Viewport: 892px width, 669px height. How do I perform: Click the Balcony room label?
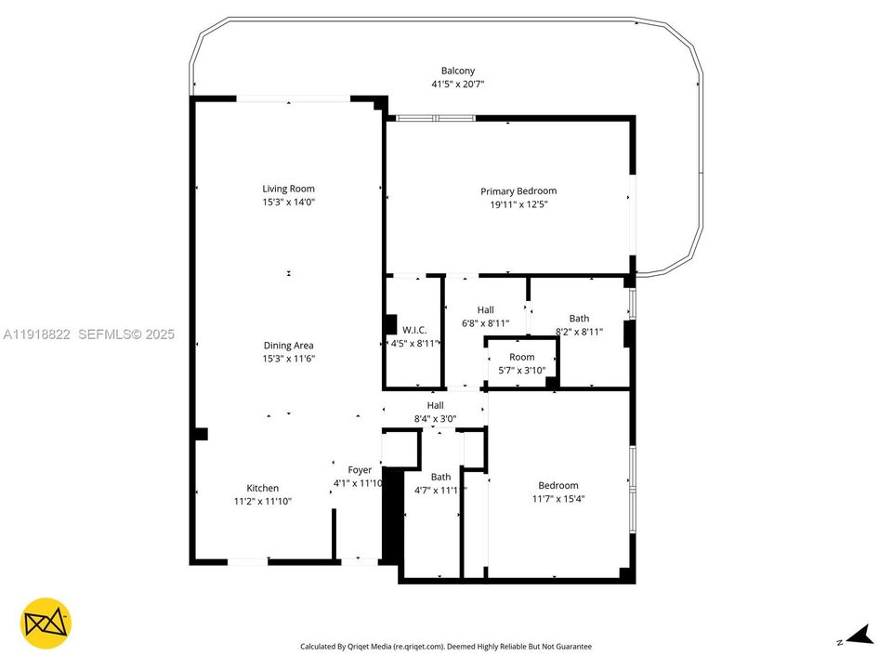pos(458,71)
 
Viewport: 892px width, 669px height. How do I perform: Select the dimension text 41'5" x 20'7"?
pos(458,85)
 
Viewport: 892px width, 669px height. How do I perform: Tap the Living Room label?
pos(288,189)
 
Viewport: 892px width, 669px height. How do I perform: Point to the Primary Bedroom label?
pos(518,191)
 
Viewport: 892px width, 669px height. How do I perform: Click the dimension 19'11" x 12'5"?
pos(518,204)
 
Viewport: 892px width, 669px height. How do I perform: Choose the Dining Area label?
pos(288,345)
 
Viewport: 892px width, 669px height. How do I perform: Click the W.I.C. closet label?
pos(413,329)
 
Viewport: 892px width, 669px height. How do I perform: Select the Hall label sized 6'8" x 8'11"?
pos(486,309)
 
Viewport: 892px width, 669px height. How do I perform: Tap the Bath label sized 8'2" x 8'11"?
pos(579,319)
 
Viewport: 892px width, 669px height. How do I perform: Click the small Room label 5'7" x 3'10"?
pos(522,357)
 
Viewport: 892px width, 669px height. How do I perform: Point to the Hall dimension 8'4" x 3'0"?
pos(435,419)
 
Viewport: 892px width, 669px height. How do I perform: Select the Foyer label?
pos(360,470)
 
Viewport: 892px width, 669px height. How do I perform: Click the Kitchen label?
pos(262,488)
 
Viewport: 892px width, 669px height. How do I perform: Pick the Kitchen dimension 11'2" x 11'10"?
pos(262,502)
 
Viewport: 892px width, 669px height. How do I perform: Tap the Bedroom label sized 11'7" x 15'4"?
pos(558,485)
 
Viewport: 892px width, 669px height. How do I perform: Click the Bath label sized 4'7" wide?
pos(440,477)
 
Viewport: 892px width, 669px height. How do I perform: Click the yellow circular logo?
pos(46,623)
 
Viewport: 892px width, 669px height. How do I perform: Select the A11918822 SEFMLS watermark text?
pos(88,334)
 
